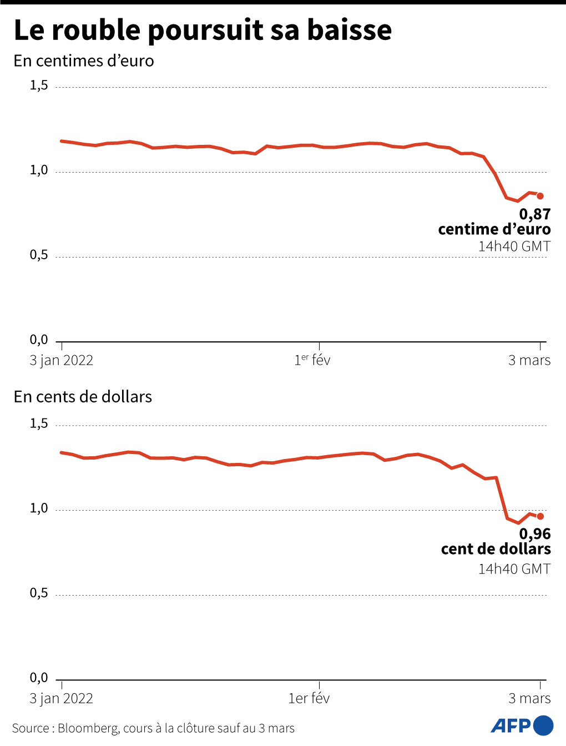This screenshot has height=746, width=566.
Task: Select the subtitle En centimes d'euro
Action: [84, 61]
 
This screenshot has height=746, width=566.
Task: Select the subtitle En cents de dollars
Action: [83, 397]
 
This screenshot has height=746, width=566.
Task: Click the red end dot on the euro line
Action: [540, 196]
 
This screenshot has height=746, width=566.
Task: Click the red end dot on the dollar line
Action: [540, 516]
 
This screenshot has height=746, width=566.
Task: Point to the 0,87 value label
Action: [535, 214]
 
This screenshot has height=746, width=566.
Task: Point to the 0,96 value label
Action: [535, 534]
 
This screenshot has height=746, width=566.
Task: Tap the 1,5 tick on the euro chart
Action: [39, 85]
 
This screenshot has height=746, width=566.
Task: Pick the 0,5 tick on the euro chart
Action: [39, 255]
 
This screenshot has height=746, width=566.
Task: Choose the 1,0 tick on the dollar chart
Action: [39, 508]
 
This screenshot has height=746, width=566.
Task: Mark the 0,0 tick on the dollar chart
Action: [39, 678]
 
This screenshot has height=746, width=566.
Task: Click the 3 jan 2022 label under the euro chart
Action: [62, 360]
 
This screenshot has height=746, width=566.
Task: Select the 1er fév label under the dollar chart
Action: [309, 698]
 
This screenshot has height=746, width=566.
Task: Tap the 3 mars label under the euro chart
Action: [529, 360]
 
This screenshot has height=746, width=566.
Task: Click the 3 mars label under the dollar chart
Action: [529, 698]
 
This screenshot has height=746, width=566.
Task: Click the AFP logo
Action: [522, 725]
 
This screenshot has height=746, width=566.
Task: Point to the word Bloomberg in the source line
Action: [88, 728]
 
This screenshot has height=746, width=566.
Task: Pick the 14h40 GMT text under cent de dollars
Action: [514, 569]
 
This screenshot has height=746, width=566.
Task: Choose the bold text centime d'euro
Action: [494, 229]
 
